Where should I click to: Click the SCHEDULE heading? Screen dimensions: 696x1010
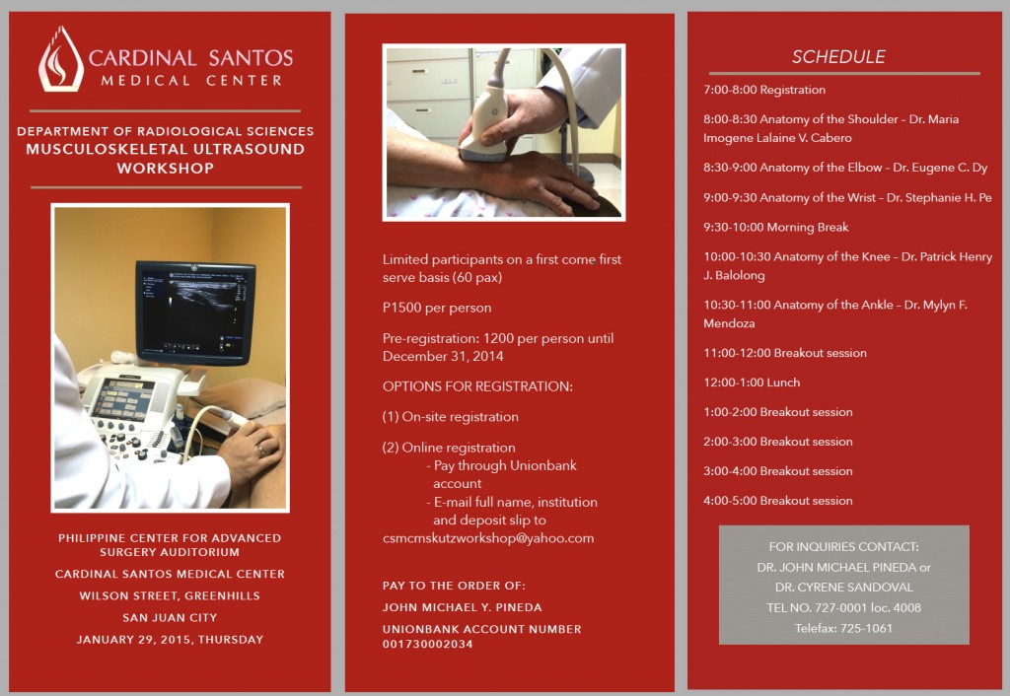click(x=838, y=56)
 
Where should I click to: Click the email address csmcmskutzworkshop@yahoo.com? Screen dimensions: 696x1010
click(x=488, y=538)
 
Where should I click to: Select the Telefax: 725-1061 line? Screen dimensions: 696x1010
click(x=843, y=627)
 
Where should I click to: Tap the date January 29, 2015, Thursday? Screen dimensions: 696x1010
click(x=170, y=640)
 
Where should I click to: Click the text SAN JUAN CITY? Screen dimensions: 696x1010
click(x=170, y=618)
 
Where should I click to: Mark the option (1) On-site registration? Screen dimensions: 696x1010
click(x=450, y=417)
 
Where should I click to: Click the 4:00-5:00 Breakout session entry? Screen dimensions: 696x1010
click(x=777, y=501)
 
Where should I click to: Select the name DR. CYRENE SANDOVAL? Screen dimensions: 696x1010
click(x=843, y=588)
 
